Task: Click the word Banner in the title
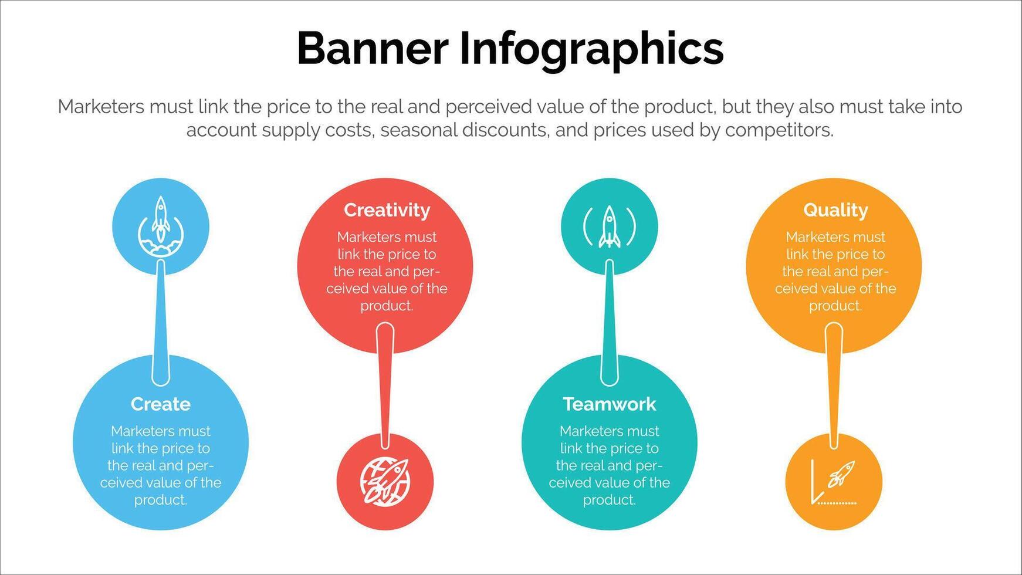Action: (373, 48)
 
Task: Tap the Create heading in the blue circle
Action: (160, 404)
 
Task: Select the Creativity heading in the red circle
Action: (387, 210)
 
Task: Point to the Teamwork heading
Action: (610, 404)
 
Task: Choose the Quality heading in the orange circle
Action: (835, 210)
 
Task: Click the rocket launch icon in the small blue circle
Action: (161, 226)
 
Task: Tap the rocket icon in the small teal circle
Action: (610, 226)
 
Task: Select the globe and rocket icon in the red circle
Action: (385, 481)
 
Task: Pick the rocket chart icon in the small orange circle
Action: (834, 482)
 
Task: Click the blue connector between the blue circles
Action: (161, 323)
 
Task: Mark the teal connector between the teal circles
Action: (610, 323)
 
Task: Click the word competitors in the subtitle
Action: (779, 130)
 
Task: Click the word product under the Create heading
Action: (160, 500)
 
